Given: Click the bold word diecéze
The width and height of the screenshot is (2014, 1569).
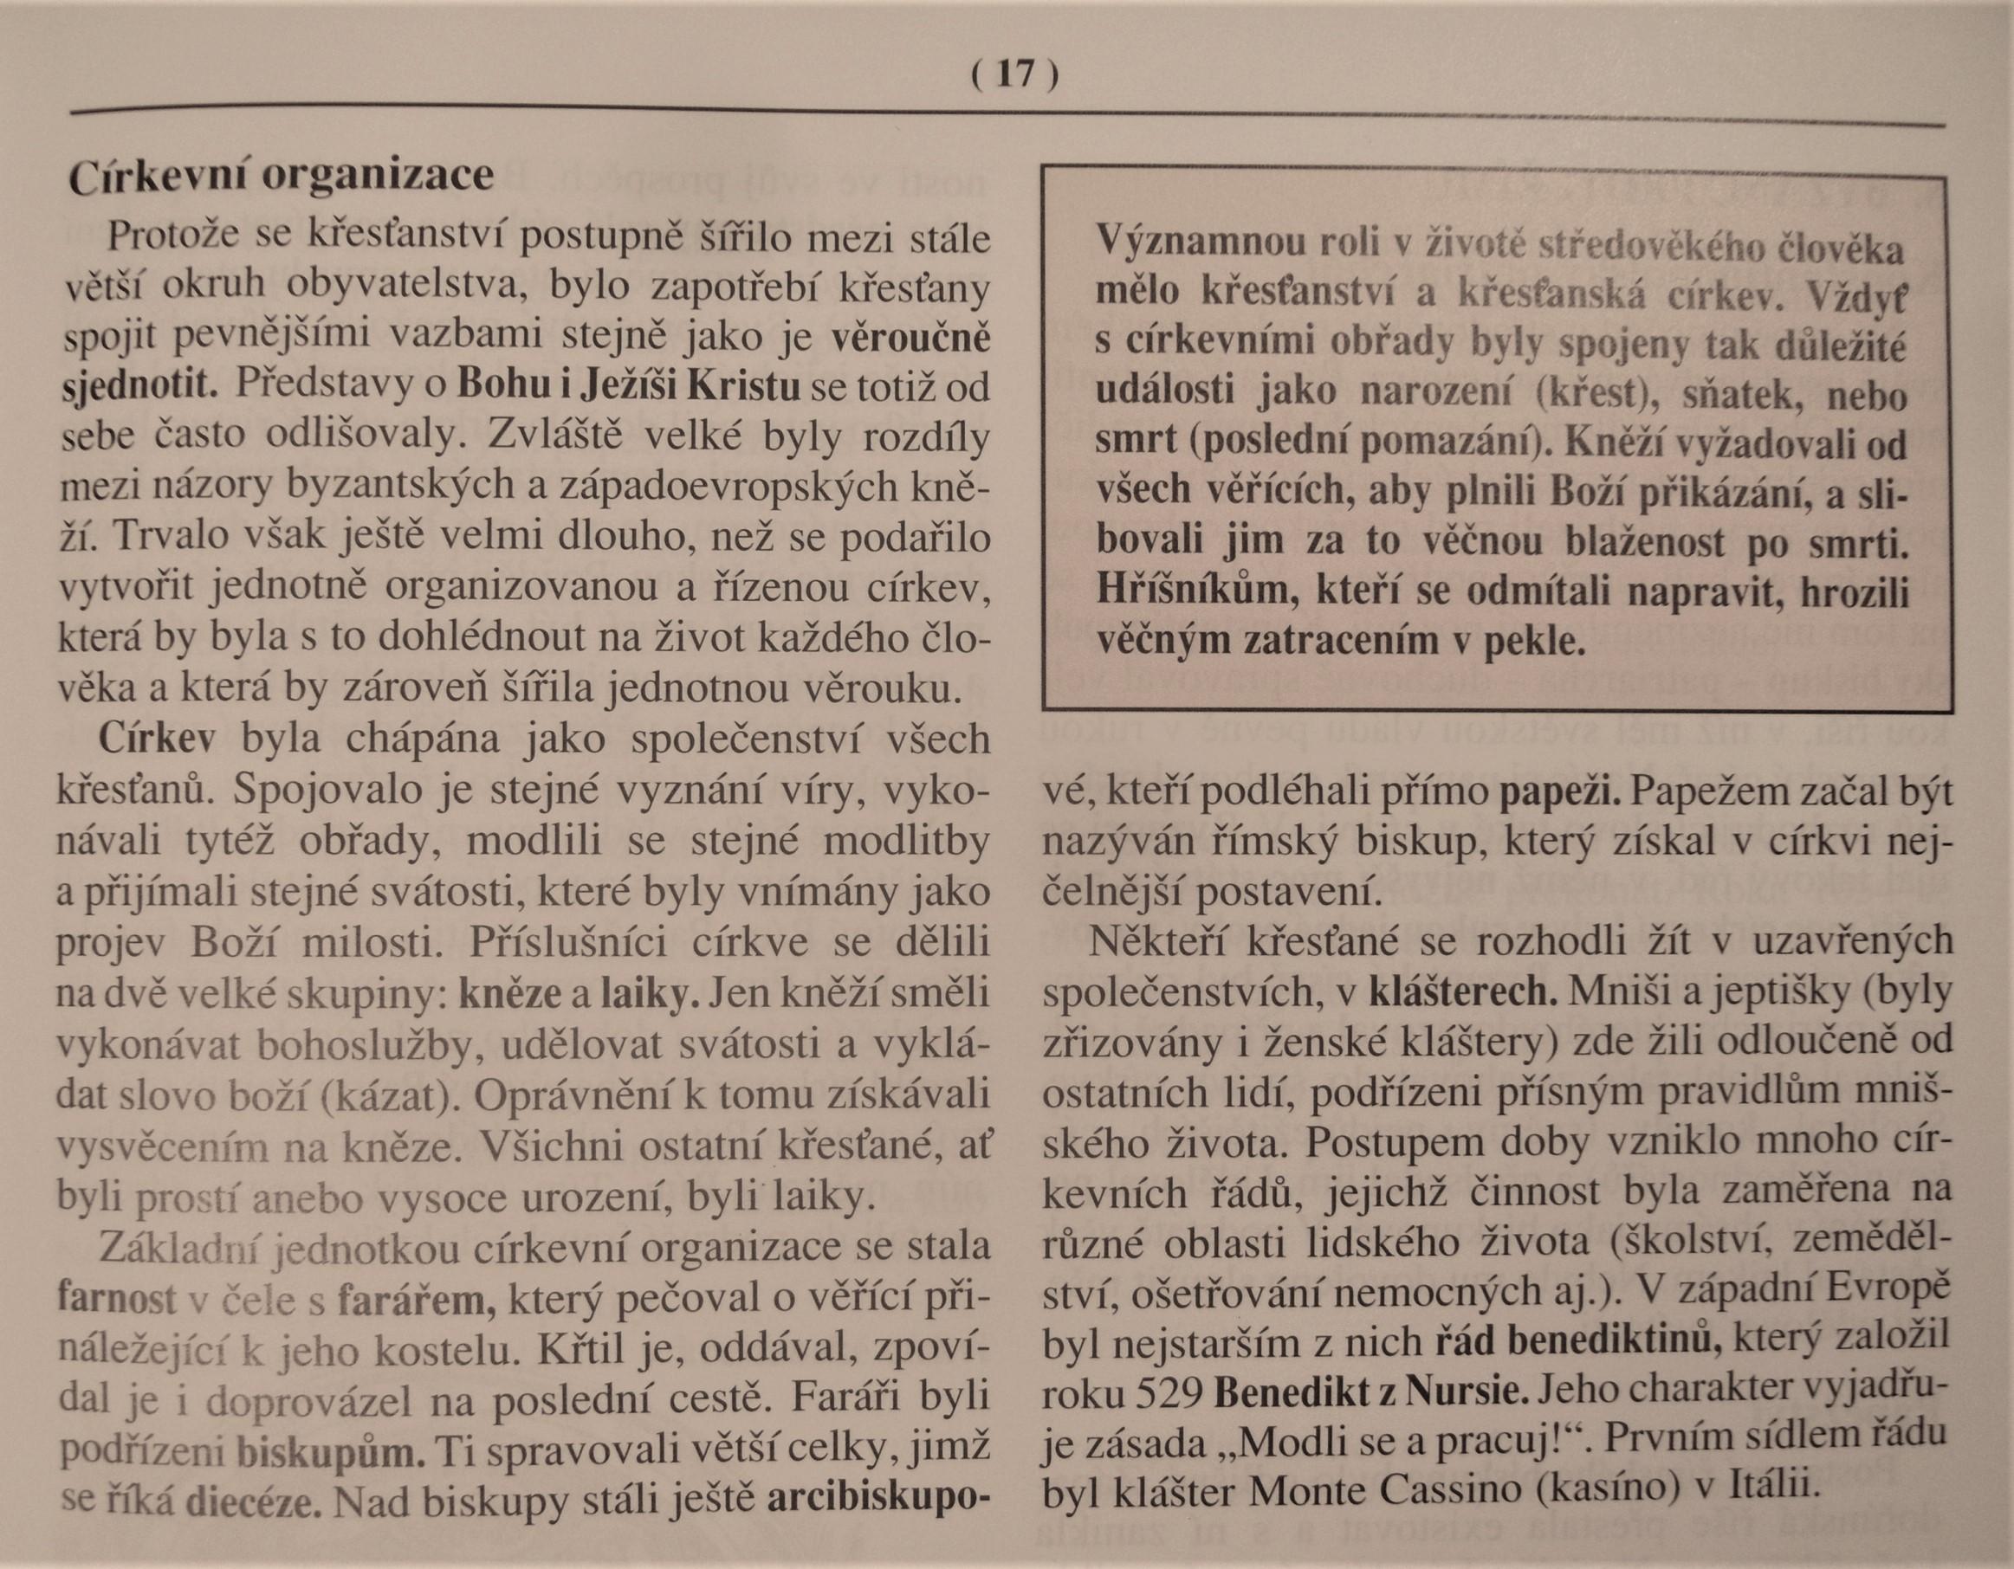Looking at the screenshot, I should [253, 1501].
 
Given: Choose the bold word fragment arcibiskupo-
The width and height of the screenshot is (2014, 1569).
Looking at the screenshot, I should [872, 1501].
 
